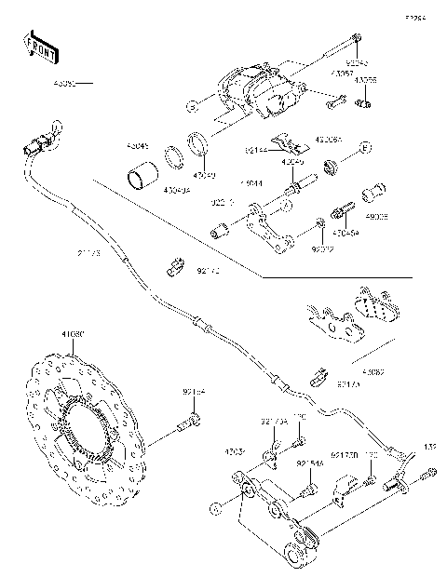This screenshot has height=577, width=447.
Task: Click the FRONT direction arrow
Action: click(x=36, y=43)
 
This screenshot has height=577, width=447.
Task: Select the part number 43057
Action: click(x=342, y=71)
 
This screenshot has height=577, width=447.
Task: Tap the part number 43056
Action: click(x=366, y=81)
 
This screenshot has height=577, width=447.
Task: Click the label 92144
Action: click(x=258, y=148)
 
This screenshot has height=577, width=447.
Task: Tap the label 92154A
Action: click(x=310, y=463)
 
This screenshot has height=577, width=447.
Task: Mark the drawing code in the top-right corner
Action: click(x=413, y=18)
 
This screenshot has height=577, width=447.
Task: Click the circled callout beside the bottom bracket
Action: click(x=216, y=508)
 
